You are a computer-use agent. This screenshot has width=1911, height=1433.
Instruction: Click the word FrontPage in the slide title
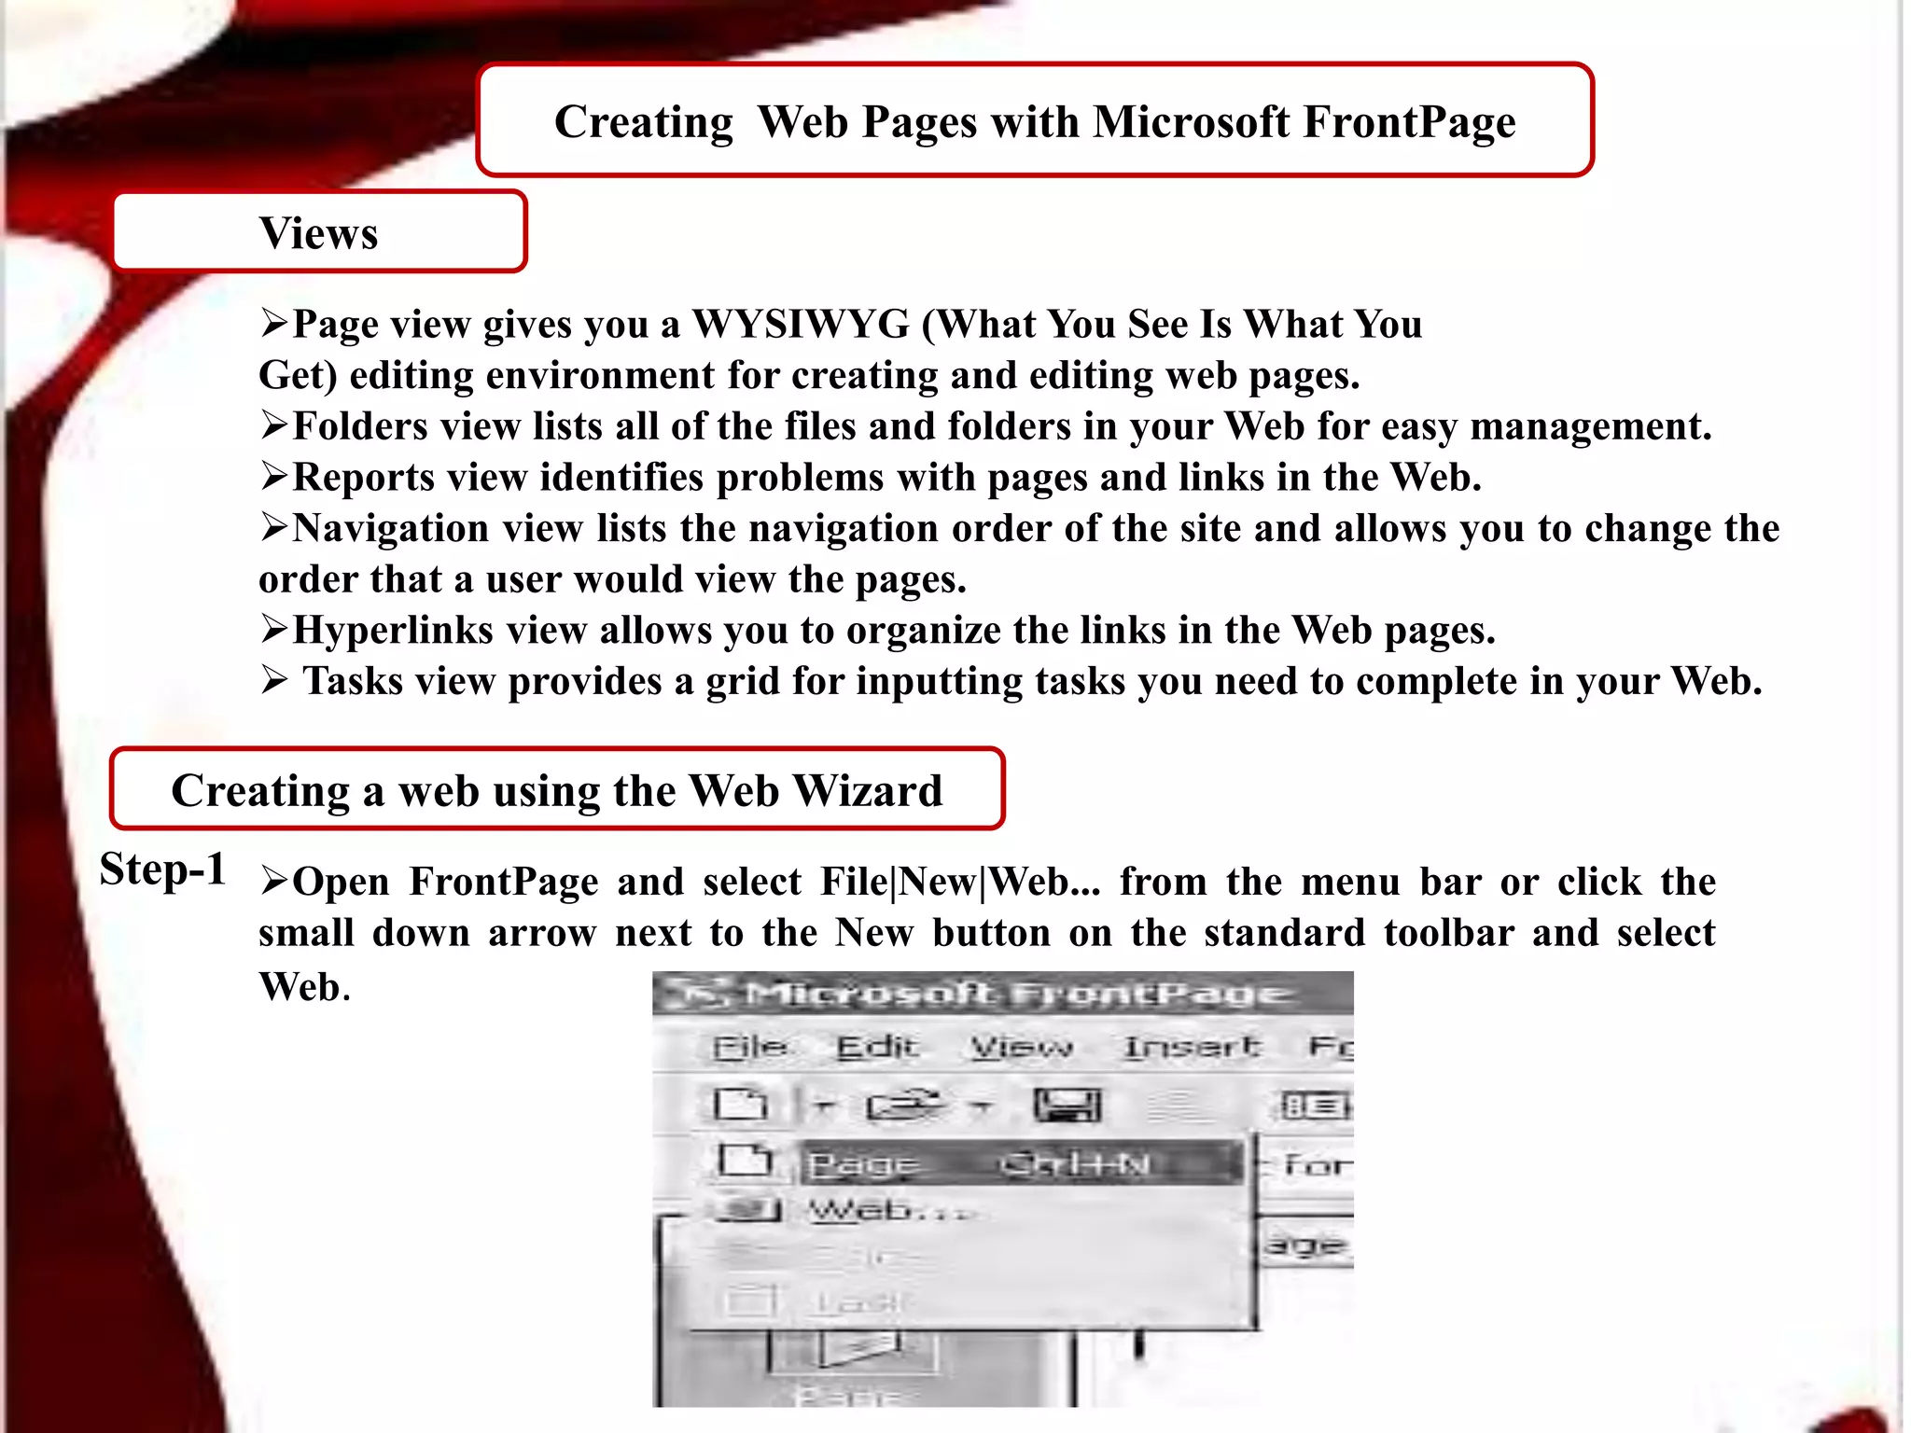(1409, 123)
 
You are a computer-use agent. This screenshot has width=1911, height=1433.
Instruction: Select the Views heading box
(319, 232)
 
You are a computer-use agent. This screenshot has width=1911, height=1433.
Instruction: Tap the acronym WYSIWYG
(801, 325)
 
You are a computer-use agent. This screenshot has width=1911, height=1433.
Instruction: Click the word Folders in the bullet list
(359, 426)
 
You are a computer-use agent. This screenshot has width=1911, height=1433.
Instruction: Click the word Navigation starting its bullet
(390, 529)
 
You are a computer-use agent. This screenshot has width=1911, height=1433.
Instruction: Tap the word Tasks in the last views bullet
(353, 681)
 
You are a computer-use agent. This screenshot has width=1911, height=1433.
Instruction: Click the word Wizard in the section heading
(868, 791)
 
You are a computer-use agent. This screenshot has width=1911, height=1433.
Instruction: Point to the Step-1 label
(163, 870)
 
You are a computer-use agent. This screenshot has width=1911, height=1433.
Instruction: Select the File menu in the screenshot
(749, 1048)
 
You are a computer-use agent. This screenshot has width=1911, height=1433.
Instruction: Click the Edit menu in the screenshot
(877, 1048)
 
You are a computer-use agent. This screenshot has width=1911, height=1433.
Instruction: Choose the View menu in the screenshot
(1022, 1048)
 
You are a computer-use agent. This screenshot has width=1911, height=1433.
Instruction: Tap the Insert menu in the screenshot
(1192, 1048)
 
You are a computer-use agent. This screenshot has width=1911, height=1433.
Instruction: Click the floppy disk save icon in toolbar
(1067, 1106)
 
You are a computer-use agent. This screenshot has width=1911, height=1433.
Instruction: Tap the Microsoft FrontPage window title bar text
(1017, 995)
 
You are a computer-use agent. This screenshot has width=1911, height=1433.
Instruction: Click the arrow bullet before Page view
(273, 325)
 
